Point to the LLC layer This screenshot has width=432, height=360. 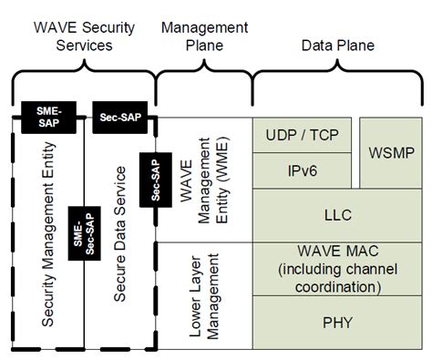tap(336, 215)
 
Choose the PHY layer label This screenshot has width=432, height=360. tap(336, 321)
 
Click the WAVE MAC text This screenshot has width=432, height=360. tap(336, 252)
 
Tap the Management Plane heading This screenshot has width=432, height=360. tap(202, 36)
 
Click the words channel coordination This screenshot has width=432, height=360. tap(336, 286)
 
